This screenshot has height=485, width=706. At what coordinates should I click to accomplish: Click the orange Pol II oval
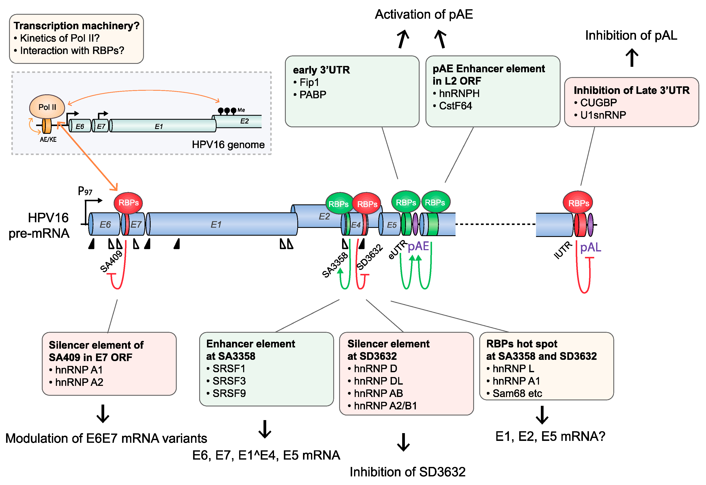(x=47, y=107)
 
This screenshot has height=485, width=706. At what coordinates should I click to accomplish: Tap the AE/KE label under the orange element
(x=48, y=139)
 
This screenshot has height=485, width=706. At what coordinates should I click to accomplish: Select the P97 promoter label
(x=85, y=191)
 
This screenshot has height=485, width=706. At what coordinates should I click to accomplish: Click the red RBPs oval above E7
(x=128, y=203)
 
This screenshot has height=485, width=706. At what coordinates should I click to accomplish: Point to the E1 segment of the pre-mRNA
(x=216, y=225)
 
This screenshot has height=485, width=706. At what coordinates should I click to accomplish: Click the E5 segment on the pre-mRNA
(x=391, y=225)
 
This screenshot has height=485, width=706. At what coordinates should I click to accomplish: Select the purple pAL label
(x=590, y=247)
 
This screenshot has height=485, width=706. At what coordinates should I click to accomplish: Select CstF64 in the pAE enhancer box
(x=455, y=106)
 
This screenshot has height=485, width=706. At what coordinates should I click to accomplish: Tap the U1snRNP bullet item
(x=603, y=115)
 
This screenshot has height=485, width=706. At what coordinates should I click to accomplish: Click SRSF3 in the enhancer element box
(x=229, y=381)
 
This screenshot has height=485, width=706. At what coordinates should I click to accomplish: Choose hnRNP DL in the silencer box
(x=378, y=381)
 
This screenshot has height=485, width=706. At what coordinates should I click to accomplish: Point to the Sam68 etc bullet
(x=517, y=393)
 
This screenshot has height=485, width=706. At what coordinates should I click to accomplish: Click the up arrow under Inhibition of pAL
(x=632, y=58)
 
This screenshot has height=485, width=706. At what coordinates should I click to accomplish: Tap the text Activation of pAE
(x=424, y=14)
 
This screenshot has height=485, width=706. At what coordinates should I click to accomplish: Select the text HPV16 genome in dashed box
(x=228, y=145)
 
